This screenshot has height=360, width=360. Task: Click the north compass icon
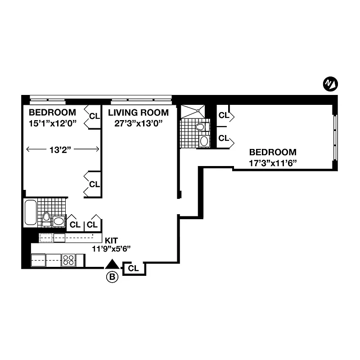click(x=331, y=84)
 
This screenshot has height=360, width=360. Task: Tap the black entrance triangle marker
click(x=112, y=265)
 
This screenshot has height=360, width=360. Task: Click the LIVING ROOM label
click(x=138, y=112)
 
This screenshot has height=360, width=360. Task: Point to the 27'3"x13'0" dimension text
click(x=138, y=123)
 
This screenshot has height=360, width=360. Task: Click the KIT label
click(x=111, y=240)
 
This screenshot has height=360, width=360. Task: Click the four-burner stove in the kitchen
click(x=68, y=260)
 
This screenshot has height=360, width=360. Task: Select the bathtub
click(x=30, y=212)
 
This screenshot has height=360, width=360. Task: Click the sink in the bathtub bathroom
click(x=59, y=221)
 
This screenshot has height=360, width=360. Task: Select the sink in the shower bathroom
click(x=204, y=141)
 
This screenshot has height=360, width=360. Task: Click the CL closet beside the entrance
click(x=133, y=269)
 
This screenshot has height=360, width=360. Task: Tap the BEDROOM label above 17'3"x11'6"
click(x=273, y=152)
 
